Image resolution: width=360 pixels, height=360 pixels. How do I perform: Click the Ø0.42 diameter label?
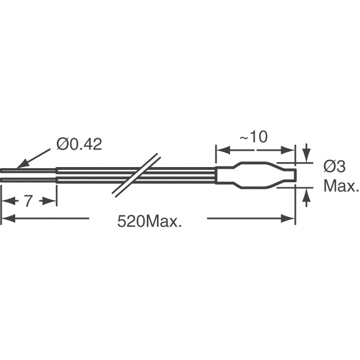click(79, 145)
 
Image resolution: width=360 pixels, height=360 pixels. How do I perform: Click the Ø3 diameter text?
click(335, 166)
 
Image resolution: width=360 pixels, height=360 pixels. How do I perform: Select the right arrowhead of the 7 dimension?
click(53, 201)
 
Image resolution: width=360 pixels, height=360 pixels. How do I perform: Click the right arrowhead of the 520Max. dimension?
click(292, 219)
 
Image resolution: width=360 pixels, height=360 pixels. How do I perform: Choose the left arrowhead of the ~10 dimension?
click(220, 151)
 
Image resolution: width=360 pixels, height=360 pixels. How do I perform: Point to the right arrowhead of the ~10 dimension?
click(291, 151)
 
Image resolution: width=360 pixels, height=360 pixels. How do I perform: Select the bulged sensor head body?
click(256, 175)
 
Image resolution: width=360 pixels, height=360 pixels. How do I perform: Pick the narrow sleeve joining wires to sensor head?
click(225, 175)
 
